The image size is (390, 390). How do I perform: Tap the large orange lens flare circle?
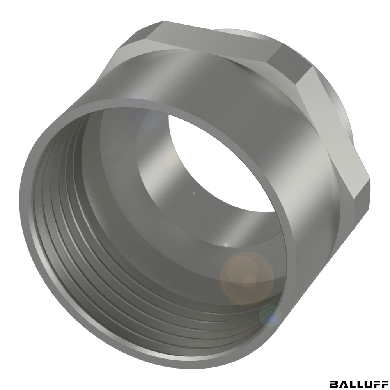pyautogui.click(x=247, y=278)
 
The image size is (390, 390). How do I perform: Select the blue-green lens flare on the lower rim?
pyautogui.click(x=270, y=316)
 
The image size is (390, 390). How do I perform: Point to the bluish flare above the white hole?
pyautogui.click(x=149, y=119)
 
